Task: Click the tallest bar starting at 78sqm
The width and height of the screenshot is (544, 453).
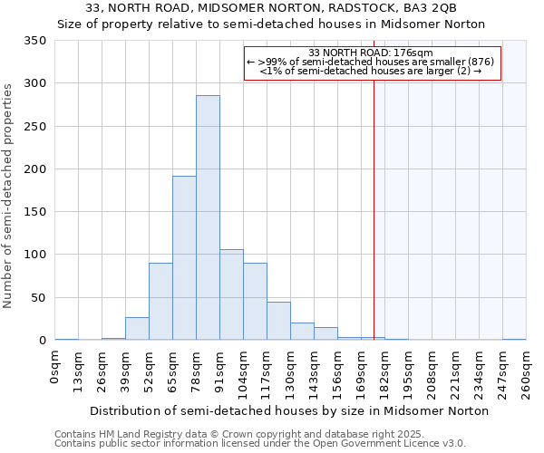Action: click(x=208, y=217)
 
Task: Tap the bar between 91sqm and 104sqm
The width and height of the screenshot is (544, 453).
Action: click(x=231, y=294)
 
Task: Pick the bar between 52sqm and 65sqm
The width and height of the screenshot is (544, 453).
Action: click(x=160, y=302)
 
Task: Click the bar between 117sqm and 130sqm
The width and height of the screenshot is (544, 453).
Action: click(x=278, y=321)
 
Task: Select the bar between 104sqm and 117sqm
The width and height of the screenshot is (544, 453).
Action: click(x=255, y=302)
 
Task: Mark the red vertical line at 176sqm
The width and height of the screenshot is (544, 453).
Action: click(x=374, y=199)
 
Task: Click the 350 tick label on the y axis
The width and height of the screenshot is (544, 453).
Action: click(x=35, y=41)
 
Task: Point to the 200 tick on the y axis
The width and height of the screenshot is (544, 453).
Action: click(x=35, y=169)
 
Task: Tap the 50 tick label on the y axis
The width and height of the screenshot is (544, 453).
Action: click(x=38, y=298)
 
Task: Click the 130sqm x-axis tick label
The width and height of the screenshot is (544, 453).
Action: click(x=290, y=371)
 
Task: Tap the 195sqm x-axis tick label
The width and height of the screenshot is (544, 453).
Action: click(x=408, y=371)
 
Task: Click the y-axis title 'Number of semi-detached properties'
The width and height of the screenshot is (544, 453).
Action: click(x=8, y=195)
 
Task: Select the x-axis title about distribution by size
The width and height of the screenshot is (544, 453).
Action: click(x=290, y=410)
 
